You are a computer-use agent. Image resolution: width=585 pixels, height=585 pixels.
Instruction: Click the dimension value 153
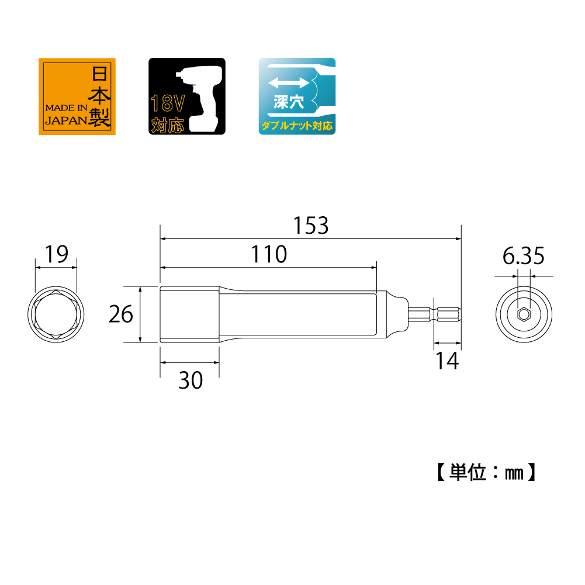(311, 226)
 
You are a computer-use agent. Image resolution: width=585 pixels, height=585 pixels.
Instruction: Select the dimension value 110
(269, 254)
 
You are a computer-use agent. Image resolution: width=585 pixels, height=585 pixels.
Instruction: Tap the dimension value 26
(121, 314)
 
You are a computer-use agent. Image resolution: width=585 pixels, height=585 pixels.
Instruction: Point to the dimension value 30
(191, 380)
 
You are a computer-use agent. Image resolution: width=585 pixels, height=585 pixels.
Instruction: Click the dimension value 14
(447, 361)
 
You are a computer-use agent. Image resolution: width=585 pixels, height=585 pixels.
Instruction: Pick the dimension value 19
(56, 254)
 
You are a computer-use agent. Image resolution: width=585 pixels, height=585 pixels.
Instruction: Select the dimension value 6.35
(523, 256)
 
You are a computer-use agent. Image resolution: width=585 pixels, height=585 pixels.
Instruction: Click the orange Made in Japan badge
(77, 96)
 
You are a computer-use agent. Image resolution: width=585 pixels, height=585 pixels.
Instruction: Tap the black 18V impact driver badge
(187, 96)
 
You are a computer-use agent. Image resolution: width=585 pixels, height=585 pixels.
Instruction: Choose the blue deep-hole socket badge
(297, 96)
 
